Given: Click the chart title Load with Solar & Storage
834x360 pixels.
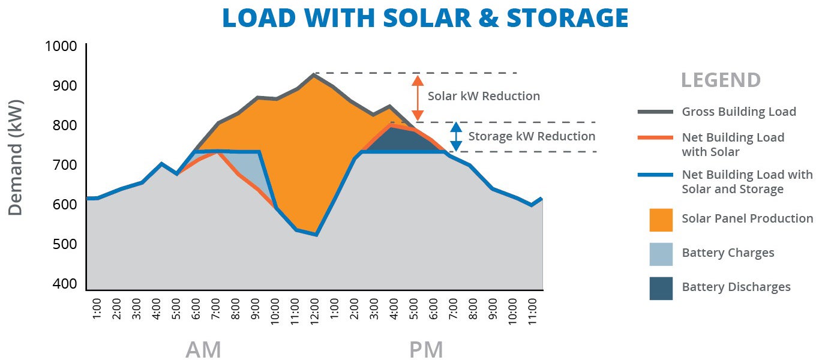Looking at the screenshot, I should point(425,18).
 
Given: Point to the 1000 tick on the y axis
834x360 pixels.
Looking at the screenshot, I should point(61,46).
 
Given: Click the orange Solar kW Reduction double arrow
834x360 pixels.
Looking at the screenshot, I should point(418,97).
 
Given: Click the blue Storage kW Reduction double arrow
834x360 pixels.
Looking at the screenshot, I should point(456,137).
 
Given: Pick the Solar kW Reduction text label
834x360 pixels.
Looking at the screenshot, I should point(484,96).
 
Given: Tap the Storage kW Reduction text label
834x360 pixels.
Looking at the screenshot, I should point(532,136).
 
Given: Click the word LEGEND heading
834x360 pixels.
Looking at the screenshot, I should point(721,80).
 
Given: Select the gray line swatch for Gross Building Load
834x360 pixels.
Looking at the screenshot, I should point(655,112).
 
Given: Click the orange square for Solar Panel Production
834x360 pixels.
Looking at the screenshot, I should point(661,220).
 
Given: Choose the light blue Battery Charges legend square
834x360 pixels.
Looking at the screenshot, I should point(661,254).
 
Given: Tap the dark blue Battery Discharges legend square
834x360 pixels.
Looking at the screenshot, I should point(661,288).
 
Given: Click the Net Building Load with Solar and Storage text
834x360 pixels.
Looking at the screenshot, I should point(747,182).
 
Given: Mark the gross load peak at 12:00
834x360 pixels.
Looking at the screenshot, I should point(314,75).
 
